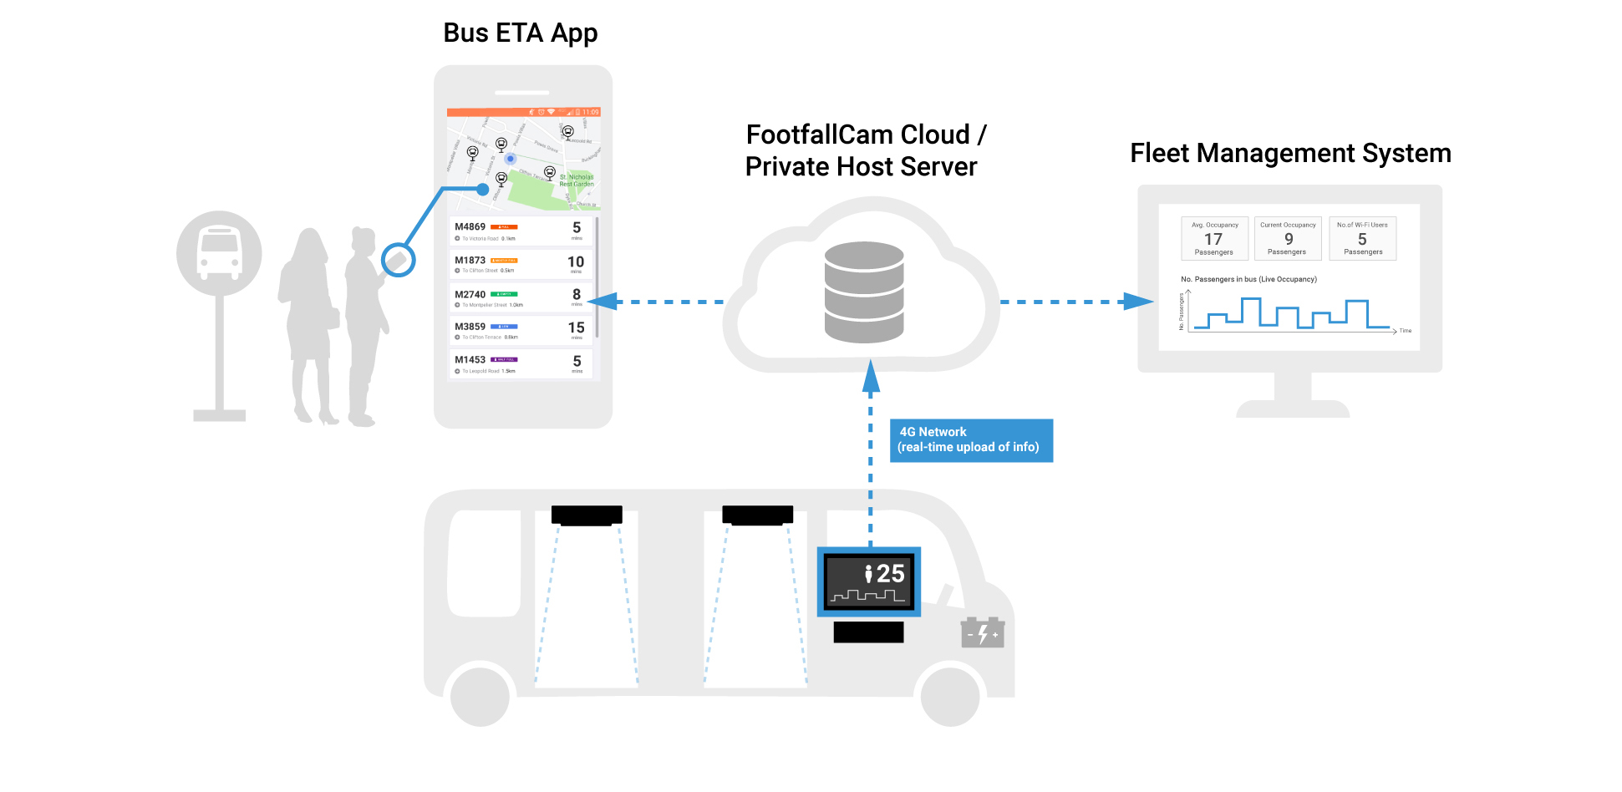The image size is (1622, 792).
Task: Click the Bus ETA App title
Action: click(x=520, y=33)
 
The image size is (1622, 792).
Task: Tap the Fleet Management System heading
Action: click(x=1289, y=154)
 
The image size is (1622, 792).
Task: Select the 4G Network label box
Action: click(x=970, y=440)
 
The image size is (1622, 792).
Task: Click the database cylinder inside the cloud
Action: click(x=863, y=292)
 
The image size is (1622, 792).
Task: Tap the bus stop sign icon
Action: click(x=219, y=253)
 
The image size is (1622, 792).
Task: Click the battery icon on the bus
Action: click(x=982, y=633)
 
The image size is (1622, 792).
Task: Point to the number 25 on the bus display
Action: click(x=890, y=574)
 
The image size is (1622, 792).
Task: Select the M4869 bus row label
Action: click(x=470, y=227)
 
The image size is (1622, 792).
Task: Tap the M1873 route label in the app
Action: click(x=470, y=261)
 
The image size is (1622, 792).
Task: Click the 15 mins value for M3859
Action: click(x=576, y=328)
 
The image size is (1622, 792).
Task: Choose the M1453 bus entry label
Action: click(x=470, y=360)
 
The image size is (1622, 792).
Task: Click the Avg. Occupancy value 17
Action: click(x=1213, y=240)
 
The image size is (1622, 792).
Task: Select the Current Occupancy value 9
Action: click(x=1288, y=240)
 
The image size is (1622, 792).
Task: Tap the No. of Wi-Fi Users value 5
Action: click(x=1362, y=240)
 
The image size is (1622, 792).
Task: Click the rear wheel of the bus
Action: click(x=480, y=696)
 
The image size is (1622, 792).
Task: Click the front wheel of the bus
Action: click(x=950, y=696)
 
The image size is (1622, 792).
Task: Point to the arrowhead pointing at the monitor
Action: click(x=1138, y=302)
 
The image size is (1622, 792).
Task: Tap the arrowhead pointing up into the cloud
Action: click(x=871, y=377)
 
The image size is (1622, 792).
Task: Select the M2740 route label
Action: click(x=470, y=295)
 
